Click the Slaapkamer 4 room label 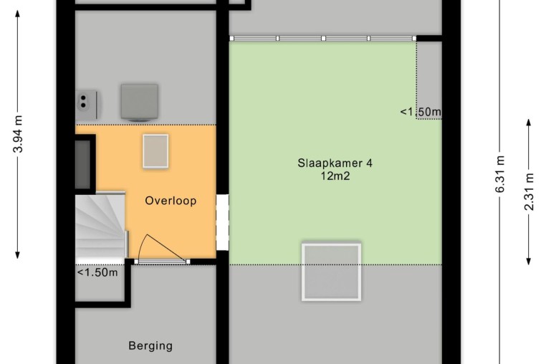click(335, 163)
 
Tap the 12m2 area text click(335, 176)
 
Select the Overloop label click(171, 201)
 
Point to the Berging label click(150, 346)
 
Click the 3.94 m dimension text click(18, 134)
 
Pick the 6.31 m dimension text click(499, 174)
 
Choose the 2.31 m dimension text click(529, 191)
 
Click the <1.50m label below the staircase click(97, 272)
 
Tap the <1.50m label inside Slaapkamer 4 click(421, 112)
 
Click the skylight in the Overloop click(155, 151)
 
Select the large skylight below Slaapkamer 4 click(331, 272)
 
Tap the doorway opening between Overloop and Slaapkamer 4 click(222, 222)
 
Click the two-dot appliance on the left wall click(87, 105)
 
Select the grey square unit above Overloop click(140, 102)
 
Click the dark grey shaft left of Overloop click(83, 163)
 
